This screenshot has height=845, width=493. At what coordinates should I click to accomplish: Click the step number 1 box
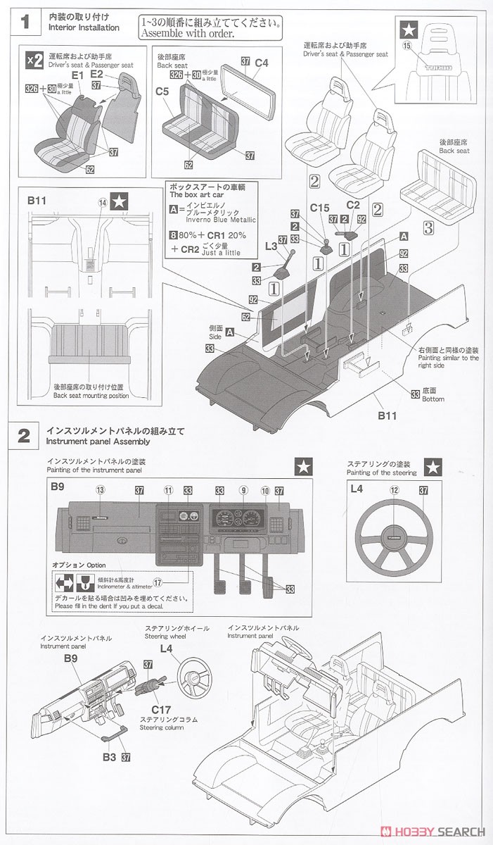tap(25, 22)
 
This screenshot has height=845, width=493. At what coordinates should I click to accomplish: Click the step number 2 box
tap(24, 435)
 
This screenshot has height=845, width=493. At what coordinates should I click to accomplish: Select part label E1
tap(77, 75)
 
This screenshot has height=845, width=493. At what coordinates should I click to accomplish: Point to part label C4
tap(262, 63)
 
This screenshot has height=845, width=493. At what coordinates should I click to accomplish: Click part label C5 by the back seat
tap(162, 92)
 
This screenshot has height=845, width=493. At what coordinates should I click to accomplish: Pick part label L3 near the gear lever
tap(271, 245)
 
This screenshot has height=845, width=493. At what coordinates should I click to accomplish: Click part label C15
tap(319, 208)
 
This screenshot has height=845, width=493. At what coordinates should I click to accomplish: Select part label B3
tap(109, 757)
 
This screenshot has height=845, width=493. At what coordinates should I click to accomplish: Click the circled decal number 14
tap(103, 202)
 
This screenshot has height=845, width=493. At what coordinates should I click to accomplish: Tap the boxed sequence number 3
tap(428, 227)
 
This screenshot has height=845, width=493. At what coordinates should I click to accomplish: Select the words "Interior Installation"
tap(84, 27)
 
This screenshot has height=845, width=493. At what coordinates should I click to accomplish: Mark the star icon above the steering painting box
tap(433, 466)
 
